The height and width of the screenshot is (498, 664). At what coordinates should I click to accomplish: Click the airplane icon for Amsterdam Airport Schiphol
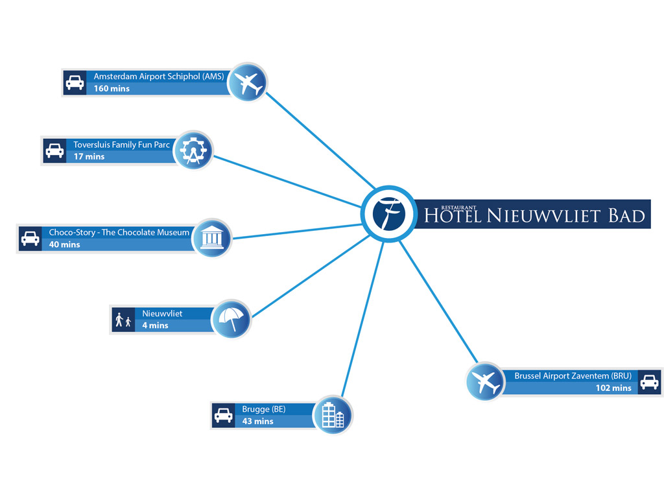pos(248,82)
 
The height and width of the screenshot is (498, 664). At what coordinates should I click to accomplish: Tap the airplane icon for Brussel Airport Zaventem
pos(485,381)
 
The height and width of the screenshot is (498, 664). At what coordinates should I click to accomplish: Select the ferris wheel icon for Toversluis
pos(193,150)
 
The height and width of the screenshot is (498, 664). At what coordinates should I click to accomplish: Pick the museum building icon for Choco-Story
pos(212,238)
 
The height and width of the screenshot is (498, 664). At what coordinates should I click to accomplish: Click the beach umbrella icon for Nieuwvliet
pos(231,319)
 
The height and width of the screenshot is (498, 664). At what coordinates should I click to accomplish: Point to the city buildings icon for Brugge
pos(333,415)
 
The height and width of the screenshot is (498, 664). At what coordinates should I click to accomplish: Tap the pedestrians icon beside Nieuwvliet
pos(123,320)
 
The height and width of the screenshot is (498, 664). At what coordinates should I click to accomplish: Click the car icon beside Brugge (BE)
pos(223,416)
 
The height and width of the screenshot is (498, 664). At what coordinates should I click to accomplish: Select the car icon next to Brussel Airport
pos(649,383)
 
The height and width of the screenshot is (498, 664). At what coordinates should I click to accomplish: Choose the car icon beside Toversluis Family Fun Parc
pos(54,150)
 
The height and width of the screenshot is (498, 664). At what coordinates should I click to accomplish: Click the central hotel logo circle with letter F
pos(389,214)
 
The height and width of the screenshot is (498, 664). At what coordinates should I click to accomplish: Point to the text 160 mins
pos(112,88)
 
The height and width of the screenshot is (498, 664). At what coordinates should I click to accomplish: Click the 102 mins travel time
pos(613,388)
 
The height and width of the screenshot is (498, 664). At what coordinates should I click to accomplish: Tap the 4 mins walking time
pos(156,326)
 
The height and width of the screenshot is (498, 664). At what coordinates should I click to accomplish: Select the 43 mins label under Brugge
pos(258,421)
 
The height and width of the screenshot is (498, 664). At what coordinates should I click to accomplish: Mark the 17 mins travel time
pos(89,157)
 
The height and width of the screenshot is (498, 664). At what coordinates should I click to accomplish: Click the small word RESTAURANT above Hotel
pos(458,207)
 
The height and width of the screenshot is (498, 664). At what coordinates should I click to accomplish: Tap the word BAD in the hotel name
pos(627,216)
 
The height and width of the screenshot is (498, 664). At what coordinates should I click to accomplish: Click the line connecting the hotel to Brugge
pos(362,319)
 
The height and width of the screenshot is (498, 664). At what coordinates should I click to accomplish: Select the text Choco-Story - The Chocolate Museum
pos(119,232)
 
